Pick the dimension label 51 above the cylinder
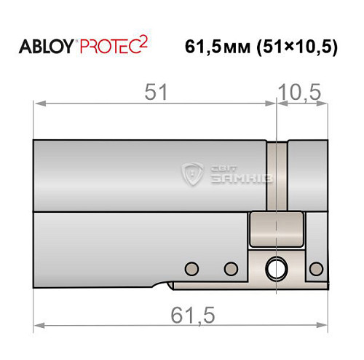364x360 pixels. tap(156, 93)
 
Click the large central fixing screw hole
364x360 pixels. tap(276, 267)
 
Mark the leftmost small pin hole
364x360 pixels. tap(192, 267)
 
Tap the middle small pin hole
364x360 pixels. tap(232, 267)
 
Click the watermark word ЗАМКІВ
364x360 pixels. tap(235, 178)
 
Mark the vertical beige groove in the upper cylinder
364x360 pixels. tap(277, 175)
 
